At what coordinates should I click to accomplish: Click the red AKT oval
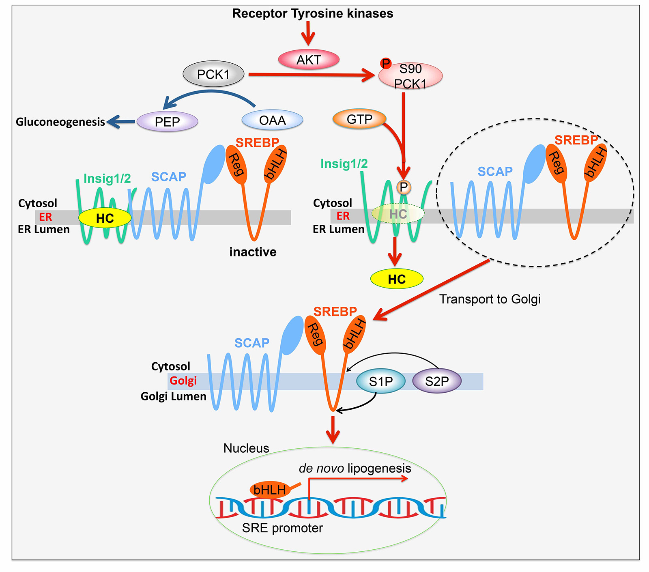point(309,60)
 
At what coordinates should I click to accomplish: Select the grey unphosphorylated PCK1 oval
point(213,75)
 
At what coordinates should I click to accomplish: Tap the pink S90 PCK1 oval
point(410,76)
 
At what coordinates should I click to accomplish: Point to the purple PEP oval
point(167,122)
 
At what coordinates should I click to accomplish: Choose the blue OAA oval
point(272,120)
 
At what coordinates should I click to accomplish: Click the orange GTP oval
point(359,119)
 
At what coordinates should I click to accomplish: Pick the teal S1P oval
point(381,381)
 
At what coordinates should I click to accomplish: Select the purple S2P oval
point(437,381)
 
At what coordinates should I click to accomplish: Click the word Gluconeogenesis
point(60,122)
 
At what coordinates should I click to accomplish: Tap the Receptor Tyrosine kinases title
point(313,13)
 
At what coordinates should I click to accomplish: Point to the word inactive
point(253,252)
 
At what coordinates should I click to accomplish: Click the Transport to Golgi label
point(490,299)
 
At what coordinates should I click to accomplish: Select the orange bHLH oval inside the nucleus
point(270,490)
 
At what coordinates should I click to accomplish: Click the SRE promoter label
point(282,528)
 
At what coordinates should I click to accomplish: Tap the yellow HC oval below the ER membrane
point(397,279)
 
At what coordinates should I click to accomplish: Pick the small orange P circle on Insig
point(404,187)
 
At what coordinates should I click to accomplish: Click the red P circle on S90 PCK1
point(386,63)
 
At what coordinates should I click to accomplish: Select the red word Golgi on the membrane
point(183,381)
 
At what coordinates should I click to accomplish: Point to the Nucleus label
point(246,448)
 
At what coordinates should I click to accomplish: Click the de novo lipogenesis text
point(355,469)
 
